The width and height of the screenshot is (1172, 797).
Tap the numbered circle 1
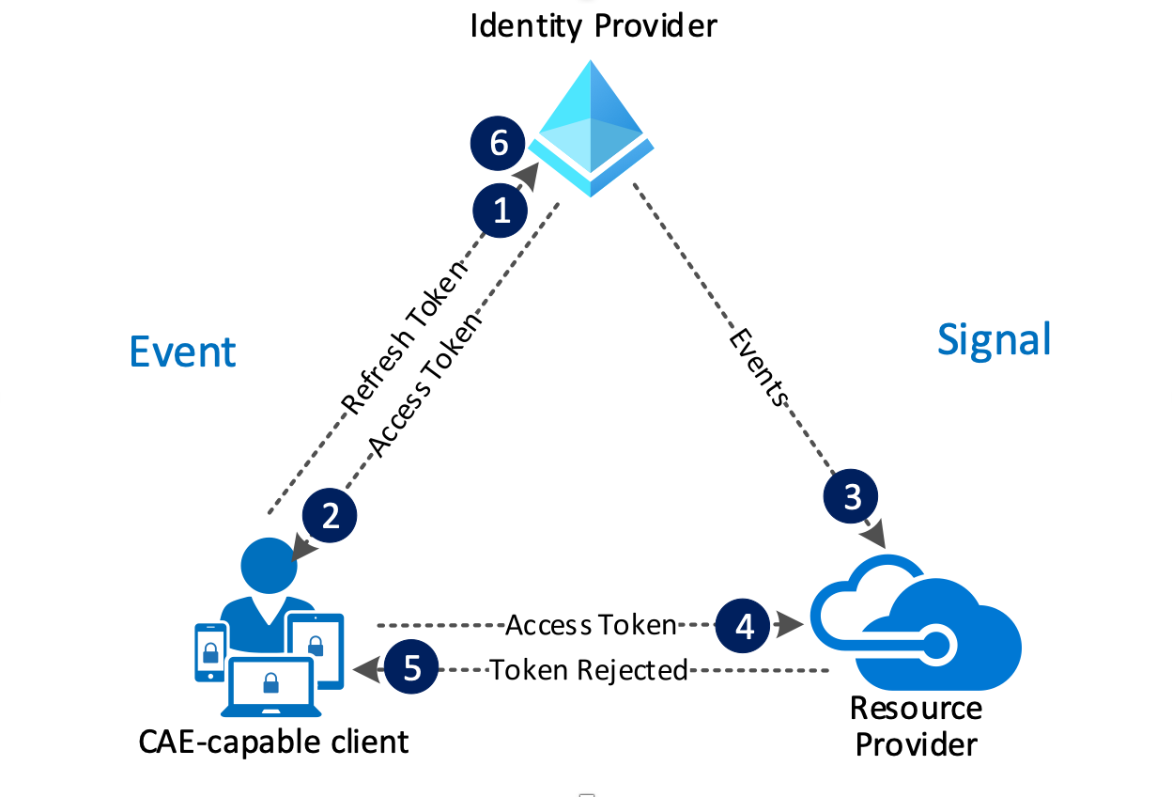click(502, 210)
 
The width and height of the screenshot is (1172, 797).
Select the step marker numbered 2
click(331, 515)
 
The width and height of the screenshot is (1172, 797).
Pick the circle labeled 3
click(852, 496)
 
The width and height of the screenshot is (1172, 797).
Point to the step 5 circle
click(411, 669)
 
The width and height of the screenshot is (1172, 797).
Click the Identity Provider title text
click(593, 24)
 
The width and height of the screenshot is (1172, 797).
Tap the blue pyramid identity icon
click(592, 127)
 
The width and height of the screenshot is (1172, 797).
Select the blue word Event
click(182, 352)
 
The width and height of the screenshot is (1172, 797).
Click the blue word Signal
click(995, 339)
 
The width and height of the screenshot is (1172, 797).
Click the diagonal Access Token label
click(424, 383)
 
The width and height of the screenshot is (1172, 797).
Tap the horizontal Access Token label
click(591, 625)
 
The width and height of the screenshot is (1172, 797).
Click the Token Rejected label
click(589, 670)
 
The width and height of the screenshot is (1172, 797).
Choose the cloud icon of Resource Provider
click(916, 625)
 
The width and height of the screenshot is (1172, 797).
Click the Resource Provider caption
click(916, 727)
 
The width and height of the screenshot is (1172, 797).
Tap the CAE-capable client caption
click(274, 742)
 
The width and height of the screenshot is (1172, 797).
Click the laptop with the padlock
click(270, 687)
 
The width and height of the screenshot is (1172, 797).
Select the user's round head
click(269, 565)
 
